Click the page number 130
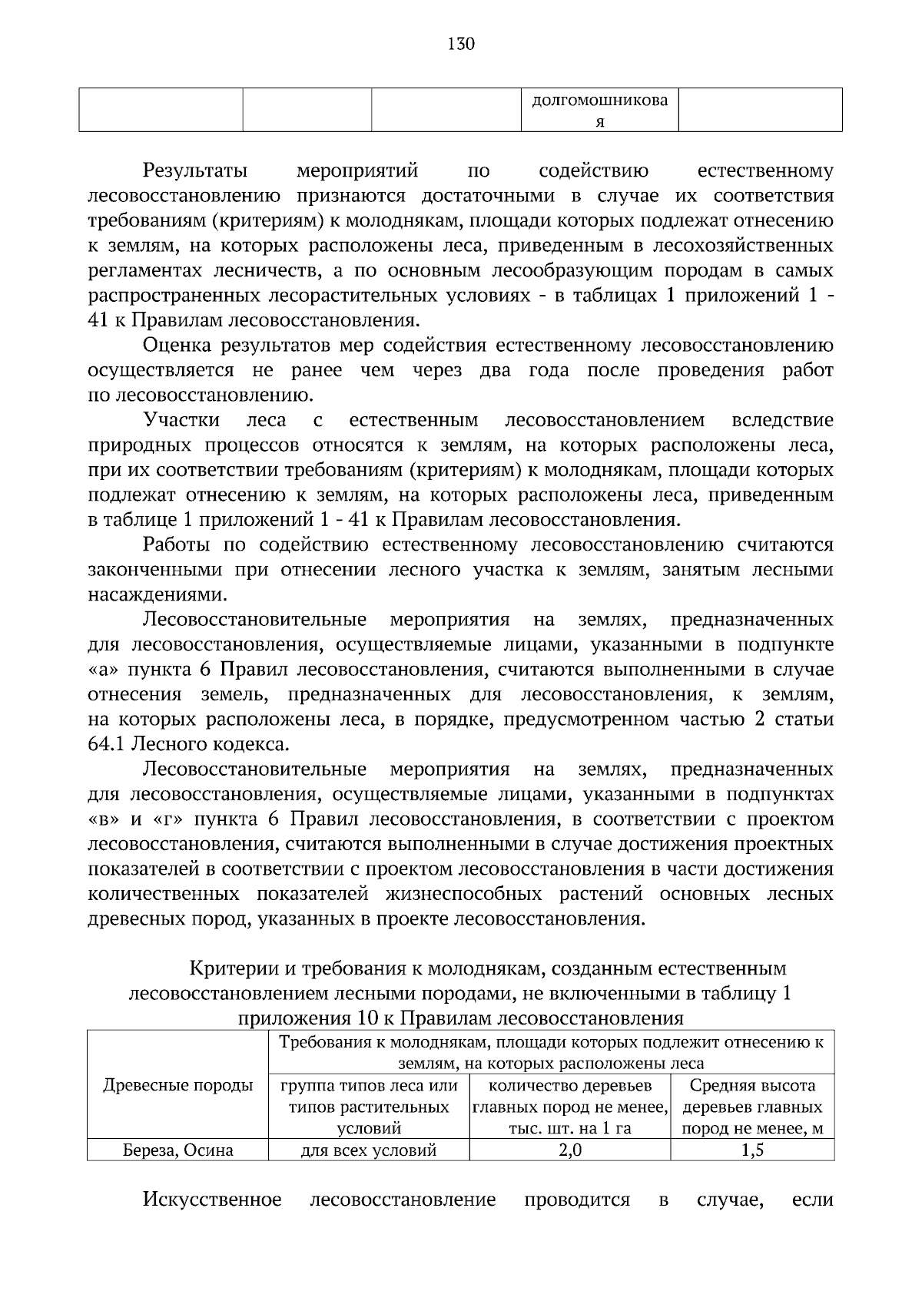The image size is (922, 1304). [x=461, y=44]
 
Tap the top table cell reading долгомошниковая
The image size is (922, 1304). [x=600, y=111]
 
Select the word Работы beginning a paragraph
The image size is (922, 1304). [x=176, y=545]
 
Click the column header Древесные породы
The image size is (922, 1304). [x=177, y=1085]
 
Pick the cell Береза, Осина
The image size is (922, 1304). [x=177, y=1150]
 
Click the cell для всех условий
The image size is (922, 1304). [x=369, y=1150]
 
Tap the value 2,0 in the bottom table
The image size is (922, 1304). [x=569, y=1150]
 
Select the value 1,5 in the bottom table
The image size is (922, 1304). [x=751, y=1150]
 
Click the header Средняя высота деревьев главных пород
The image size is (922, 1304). [x=751, y=1107]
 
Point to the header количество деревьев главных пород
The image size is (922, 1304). [x=569, y=1107]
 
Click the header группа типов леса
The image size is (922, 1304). [x=369, y=1107]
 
